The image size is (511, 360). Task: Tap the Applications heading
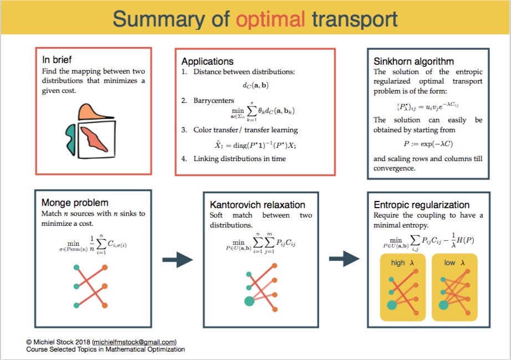[x=207, y=61]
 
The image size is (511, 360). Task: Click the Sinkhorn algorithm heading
[x=413, y=61]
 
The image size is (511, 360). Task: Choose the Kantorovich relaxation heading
[x=254, y=205]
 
